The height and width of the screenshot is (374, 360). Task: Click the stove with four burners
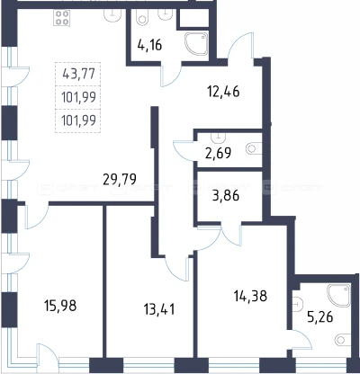(x=62, y=18)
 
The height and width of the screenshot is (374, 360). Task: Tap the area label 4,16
(x=149, y=45)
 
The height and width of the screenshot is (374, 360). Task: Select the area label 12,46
(x=223, y=92)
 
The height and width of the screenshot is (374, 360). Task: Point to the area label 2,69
(x=219, y=153)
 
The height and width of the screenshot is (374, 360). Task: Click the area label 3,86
(x=226, y=196)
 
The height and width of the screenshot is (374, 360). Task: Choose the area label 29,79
(x=120, y=179)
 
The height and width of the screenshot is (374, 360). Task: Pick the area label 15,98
(x=60, y=306)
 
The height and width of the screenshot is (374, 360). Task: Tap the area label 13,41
(x=159, y=309)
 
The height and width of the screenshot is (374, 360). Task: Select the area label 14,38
(x=250, y=296)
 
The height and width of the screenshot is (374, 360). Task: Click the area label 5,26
(x=320, y=316)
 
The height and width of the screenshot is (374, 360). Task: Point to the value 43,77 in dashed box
(x=79, y=74)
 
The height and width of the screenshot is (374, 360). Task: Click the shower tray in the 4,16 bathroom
(x=196, y=44)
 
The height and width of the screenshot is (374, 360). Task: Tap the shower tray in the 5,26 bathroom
(x=339, y=296)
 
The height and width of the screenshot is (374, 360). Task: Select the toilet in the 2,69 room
(x=254, y=148)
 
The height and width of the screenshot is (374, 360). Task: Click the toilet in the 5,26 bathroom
(x=343, y=340)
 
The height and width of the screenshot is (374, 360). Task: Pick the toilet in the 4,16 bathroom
(x=141, y=17)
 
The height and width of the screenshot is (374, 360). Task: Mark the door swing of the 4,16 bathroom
(x=171, y=76)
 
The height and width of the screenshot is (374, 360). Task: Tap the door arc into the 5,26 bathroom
(x=301, y=340)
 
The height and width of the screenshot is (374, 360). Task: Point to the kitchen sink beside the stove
(x=112, y=15)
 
